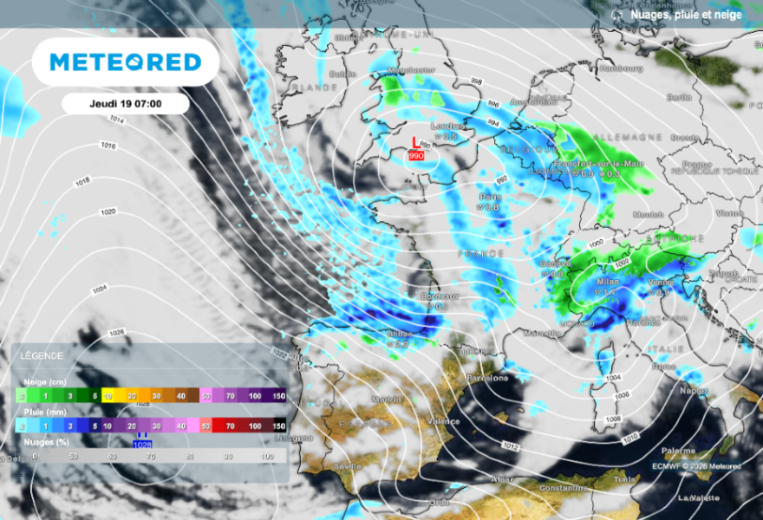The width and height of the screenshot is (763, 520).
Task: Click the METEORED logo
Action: [126, 62]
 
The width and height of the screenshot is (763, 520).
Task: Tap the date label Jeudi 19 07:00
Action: [126, 103]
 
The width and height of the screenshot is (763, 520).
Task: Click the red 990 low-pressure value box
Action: [415, 156]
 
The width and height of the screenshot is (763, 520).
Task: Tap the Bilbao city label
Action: [397, 333]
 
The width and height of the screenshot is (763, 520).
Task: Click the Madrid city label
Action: [386, 400]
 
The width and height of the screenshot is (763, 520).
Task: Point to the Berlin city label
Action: [679, 97]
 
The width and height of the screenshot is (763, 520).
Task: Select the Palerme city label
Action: [677, 451]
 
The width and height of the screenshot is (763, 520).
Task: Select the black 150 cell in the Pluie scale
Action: [278, 426]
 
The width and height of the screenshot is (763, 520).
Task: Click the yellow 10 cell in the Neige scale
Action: [108, 395]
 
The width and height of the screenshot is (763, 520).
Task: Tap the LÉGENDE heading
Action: [34, 356]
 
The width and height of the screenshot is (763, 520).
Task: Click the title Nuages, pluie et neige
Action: [686, 14]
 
